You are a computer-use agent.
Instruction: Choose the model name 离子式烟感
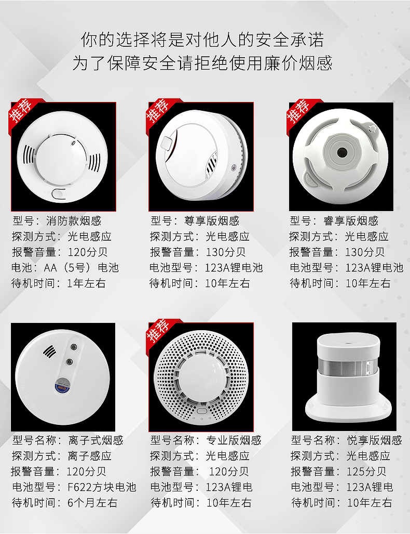coord(95,440)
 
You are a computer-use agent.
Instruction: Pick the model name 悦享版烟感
coord(374,440)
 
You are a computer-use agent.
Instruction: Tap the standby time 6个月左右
coord(92,503)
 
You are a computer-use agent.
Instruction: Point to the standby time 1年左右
coord(86,283)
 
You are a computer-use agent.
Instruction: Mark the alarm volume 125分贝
coord(366,472)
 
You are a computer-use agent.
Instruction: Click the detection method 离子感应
coord(90,456)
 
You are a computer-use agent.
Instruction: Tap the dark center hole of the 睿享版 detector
coord(341,152)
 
